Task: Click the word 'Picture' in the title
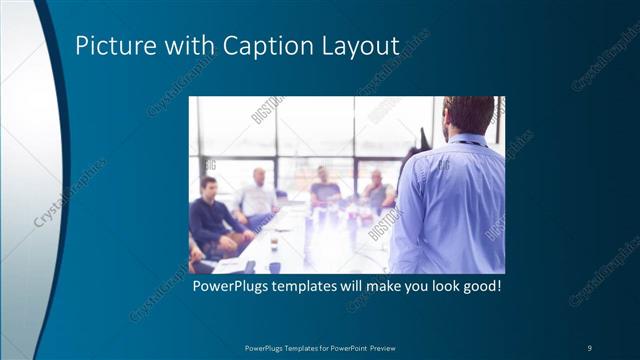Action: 113,46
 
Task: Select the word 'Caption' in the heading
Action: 263,46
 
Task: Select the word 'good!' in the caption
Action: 479,287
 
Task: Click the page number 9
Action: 589,347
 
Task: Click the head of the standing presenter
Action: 468,115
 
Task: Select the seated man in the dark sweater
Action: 212,215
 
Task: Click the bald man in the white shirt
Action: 258,195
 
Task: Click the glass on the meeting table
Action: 273,243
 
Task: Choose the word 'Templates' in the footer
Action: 303,347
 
